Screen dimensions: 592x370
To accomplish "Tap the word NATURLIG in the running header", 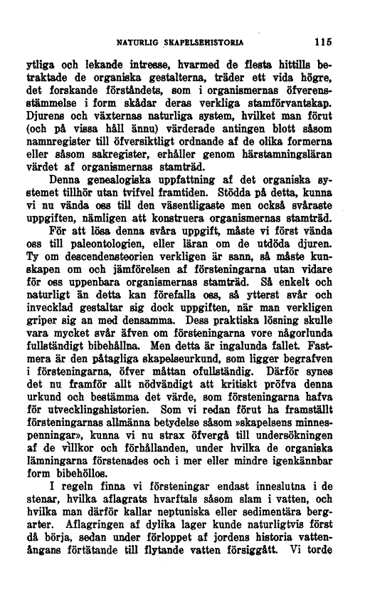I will coord(137,41).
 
